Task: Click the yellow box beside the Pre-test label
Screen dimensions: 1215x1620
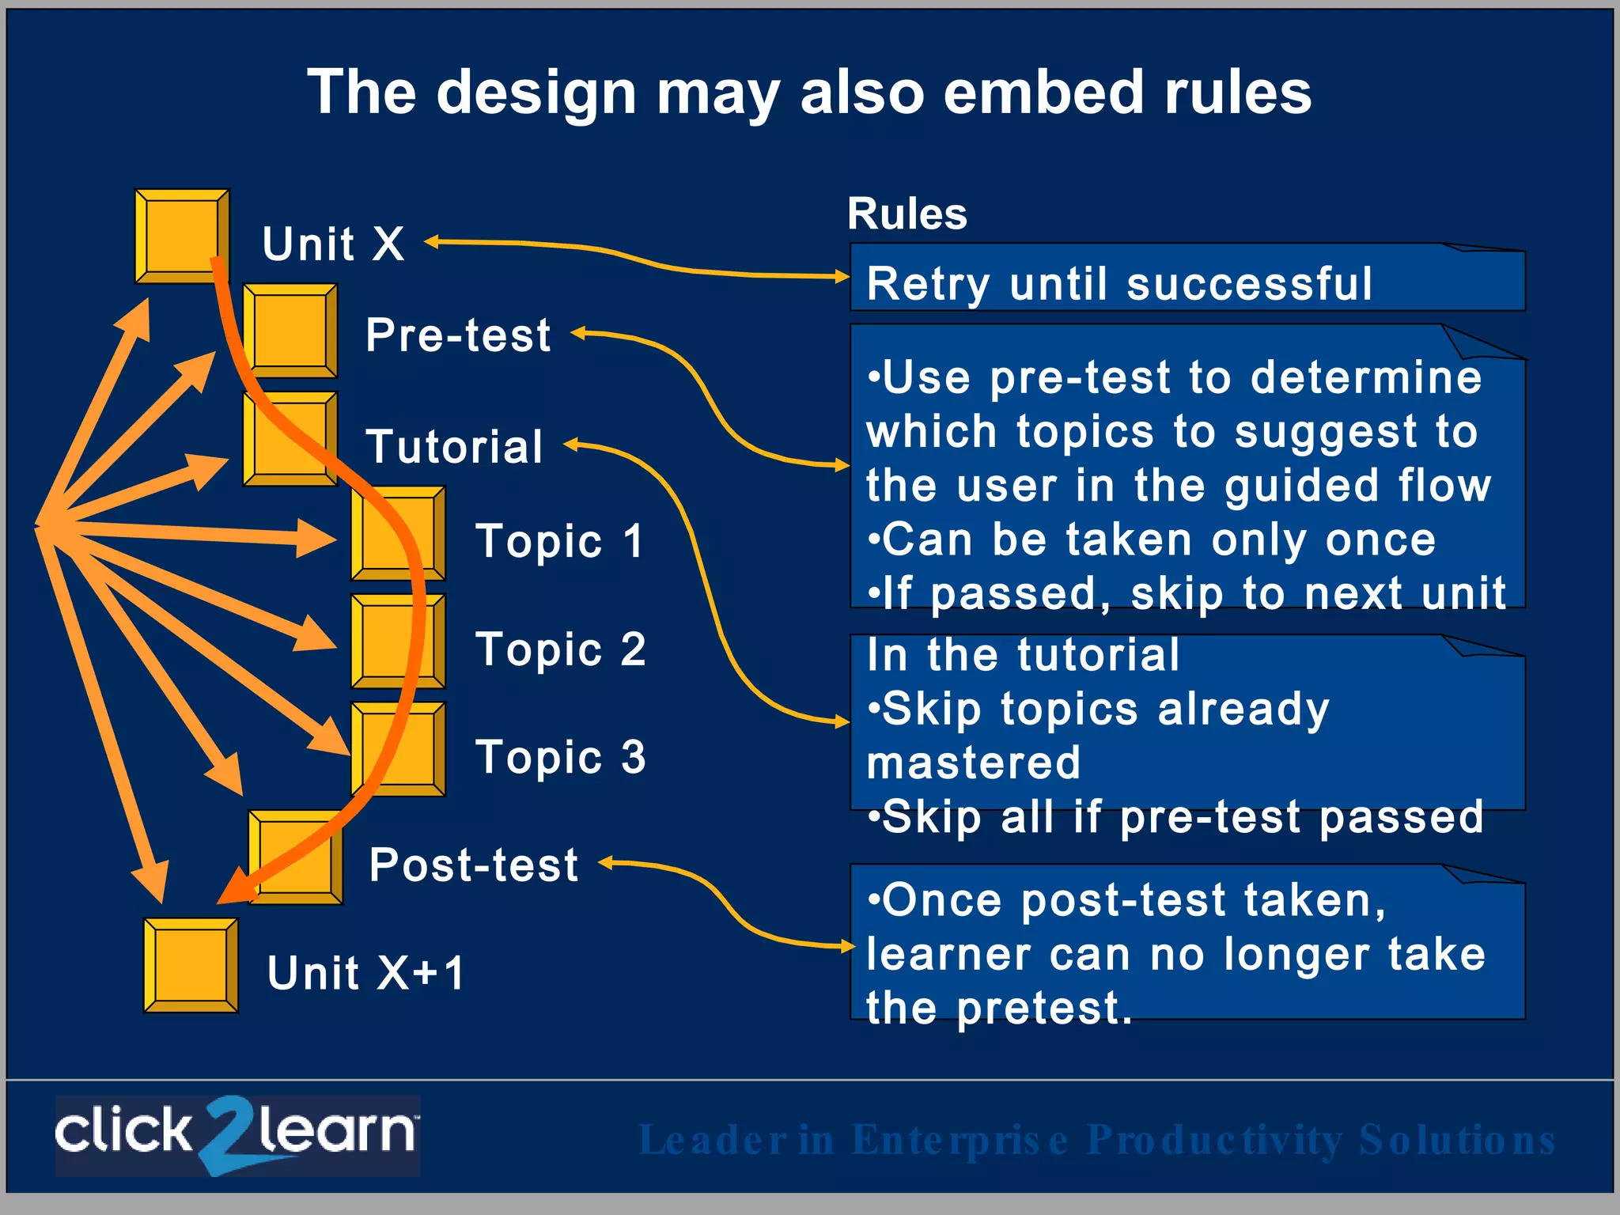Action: coord(290,330)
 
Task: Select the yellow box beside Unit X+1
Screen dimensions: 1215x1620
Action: coord(191,965)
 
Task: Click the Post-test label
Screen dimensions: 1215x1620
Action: coord(474,865)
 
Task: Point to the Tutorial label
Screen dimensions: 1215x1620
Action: coord(455,447)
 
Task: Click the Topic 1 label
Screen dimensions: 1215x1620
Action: coord(560,542)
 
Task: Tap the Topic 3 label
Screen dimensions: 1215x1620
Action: coord(560,757)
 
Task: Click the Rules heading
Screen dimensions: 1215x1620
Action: coord(907,214)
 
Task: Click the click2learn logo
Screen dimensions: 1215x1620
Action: coord(237,1135)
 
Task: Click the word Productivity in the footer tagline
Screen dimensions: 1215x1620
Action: coord(1214,1140)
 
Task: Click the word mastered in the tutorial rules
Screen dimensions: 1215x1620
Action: coord(973,763)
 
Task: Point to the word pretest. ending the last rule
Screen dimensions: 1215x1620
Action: coord(1044,1009)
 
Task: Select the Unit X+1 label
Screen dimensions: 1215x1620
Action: coord(365,973)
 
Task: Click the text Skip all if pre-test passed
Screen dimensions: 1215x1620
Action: coord(1175,817)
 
